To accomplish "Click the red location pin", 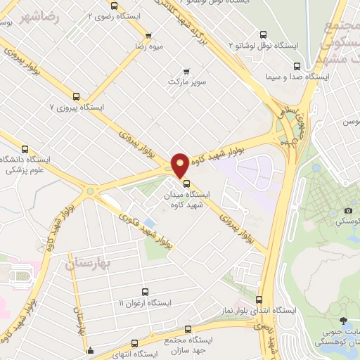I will (x=180, y=165).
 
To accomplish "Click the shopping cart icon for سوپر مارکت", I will (x=186, y=71).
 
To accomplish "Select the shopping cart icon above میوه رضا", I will (x=148, y=36).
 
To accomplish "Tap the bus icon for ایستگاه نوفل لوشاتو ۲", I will (x=263, y=34).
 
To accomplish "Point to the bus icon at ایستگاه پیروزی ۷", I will (x=76, y=96).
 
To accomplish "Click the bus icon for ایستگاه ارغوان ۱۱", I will (x=145, y=291).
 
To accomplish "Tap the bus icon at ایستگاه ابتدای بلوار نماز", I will (x=259, y=300).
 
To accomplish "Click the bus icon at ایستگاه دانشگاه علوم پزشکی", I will (x=25, y=148).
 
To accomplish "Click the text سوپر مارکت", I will (x=186, y=82).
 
